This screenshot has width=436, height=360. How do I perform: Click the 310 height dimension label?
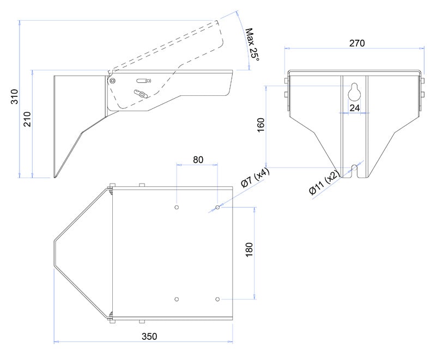(x=15, y=96)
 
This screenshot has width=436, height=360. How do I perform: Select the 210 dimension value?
(x=27, y=119)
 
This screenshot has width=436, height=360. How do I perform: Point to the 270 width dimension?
(x=357, y=43)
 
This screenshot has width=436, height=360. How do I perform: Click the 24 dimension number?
(x=355, y=108)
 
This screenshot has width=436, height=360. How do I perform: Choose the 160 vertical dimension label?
(x=261, y=125)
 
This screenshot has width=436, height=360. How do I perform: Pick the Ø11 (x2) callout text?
(x=324, y=182)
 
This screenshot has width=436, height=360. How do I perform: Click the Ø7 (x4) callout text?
(x=255, y=178)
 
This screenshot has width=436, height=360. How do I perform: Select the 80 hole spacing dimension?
(x=198, y=160)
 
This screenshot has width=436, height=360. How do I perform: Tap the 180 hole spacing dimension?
(x=249, y=249)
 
